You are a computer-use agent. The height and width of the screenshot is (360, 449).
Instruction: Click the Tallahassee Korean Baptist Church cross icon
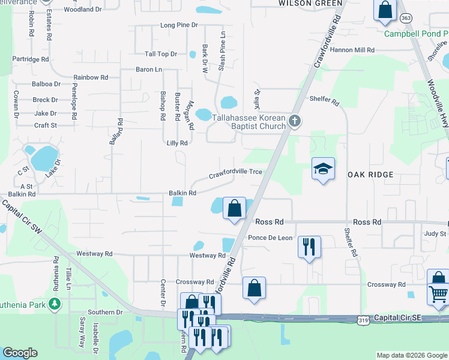tap(294, 122)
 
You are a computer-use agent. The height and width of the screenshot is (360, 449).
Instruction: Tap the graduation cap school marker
tap(323, 170)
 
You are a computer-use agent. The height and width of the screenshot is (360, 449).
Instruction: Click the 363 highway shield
tap(406, 19)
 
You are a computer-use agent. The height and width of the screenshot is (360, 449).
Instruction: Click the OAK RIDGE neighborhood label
tap(370, 175)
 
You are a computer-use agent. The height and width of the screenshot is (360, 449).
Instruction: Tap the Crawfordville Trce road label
tap(235, 173)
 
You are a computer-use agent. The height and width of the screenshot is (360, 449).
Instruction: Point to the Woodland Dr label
tap(83, 10)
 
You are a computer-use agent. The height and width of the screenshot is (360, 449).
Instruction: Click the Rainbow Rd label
tap(91, 77)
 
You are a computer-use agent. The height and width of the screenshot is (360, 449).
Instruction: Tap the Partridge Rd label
tap(31, 59)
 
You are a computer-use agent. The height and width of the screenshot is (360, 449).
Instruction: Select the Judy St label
tap(436, 233)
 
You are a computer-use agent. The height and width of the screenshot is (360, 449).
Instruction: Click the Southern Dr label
tap(105, 312)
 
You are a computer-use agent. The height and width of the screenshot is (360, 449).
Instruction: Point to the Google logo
tap(20, 353)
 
